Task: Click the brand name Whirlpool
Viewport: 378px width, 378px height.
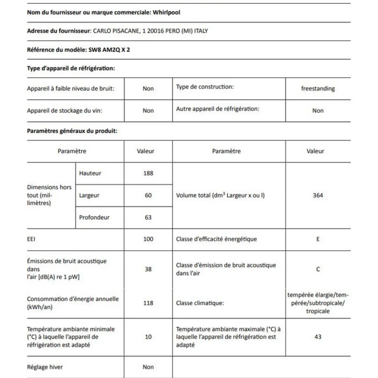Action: point(166,12)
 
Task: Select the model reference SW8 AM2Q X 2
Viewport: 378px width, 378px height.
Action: point(109,50)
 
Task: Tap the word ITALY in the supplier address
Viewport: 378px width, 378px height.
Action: point(201,31)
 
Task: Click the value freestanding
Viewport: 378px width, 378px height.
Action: point(318,88)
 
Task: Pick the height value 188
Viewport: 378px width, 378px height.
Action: point(148,173)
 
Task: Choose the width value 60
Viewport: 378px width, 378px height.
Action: point(148,195)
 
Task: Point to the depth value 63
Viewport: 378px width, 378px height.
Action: point(148,217)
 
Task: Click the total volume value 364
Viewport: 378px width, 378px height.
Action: point(318,195)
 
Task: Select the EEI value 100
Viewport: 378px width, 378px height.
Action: point(148,239)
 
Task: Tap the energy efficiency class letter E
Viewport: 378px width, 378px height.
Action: point(318,239)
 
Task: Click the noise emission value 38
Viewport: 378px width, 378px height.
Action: point(148,269)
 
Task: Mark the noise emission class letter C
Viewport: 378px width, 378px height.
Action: point(318,269)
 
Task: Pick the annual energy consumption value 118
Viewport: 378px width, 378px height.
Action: point(148,303)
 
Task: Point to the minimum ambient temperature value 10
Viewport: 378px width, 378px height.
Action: point(148,337)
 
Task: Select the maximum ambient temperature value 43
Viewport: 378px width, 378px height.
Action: point(318,337)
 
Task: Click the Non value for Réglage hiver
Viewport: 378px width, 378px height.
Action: point(148,367)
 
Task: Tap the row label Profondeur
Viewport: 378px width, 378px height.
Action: point(94,217)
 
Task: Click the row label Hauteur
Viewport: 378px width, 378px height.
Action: point(90,173)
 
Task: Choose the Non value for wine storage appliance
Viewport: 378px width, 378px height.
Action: point(148,110)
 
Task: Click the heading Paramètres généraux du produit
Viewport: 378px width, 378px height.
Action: point(72,131)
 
